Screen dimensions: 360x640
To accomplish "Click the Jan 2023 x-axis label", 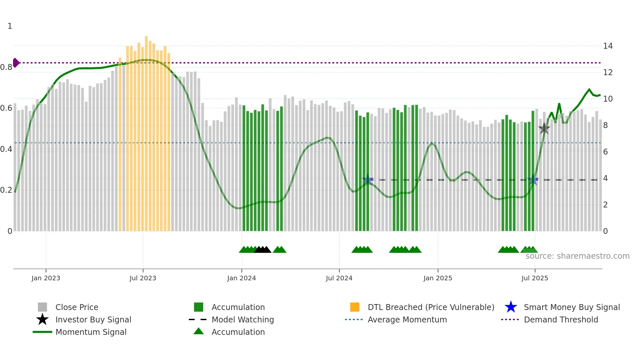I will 46,278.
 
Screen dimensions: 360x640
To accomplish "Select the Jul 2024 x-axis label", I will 339,278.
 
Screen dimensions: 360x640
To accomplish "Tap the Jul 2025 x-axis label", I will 535,278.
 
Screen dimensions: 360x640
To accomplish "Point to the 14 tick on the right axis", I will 608,46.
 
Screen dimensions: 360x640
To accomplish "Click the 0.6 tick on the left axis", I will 7,108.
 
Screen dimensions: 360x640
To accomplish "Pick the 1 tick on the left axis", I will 10,26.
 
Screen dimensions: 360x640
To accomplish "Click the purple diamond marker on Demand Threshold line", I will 16,63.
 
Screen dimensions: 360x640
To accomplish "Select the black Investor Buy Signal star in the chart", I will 544,129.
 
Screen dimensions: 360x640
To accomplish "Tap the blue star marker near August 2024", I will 368,180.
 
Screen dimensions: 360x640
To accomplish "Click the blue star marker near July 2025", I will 533,180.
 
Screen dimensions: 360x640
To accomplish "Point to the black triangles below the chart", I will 263,250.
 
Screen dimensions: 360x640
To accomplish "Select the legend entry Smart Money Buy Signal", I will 571,307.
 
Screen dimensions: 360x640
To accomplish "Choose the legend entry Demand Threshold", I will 561,319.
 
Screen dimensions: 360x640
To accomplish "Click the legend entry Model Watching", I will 243,319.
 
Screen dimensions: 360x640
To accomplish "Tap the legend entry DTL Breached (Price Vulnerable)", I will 431,307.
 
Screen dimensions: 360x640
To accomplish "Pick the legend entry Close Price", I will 77,307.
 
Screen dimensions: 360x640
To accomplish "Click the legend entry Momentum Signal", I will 91,332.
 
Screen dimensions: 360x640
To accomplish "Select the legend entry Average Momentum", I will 407,319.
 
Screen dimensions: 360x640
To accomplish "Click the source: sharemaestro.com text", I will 577,256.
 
